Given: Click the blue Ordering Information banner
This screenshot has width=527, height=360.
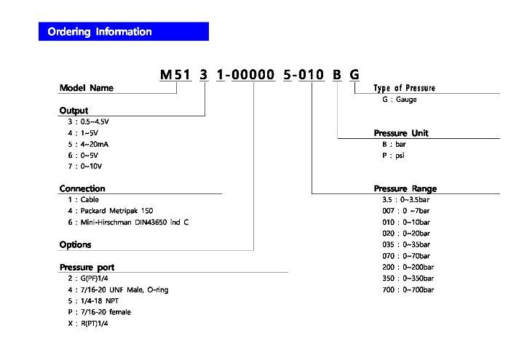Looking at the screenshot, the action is pyautogui.click(x=124, y=31).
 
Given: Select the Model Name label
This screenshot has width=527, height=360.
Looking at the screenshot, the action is pyautogui.click(x=87, y=88).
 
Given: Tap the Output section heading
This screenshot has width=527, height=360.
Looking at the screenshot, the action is pyautogui.click(x=74, y=111).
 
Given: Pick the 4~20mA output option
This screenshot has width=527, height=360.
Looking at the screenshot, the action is pyautogui.click(x=88, y=145).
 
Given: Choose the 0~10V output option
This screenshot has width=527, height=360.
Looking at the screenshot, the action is pyautogui.click(x=84, y=167).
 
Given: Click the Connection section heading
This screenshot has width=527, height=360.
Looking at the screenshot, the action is pyautogui.click(x=82, y=188).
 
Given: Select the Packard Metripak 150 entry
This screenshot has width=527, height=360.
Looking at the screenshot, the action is pyautogui.click(x=111, y=211).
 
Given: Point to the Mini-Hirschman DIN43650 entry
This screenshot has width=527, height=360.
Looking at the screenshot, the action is pyautogui.click(x=128, y=223).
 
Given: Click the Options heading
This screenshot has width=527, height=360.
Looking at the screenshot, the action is pyautogui.click(x=75, y=245).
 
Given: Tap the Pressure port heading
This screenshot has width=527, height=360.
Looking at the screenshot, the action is pyautogui.click(x=87, y=268).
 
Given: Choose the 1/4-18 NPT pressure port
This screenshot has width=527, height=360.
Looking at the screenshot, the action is pyautogui.click(x=93, y=301).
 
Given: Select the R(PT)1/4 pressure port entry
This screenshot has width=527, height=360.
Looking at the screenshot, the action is pyautogui.click(x=88, y=324).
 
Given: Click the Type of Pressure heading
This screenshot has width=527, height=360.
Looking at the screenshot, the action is pyautogui.click(x=404, y=88).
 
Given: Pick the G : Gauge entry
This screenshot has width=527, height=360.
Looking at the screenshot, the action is pyautogui.click(x=400, y=100).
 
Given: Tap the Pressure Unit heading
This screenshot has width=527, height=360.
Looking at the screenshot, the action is pyautogui.click(x=401, y=133).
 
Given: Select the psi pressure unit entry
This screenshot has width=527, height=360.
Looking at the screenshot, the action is pyautogui.click(x=393, y=156).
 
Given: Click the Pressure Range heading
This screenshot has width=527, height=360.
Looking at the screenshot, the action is pyautogui.click(x=405, y=189).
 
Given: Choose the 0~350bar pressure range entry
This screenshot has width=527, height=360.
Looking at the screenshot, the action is pyautogui.click(x=408, y=279).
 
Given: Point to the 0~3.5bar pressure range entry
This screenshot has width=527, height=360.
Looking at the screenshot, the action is pyautogui.click(x=405, y=200).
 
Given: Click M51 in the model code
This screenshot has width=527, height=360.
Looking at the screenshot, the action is pyautogui.click(x=175, y=75).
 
